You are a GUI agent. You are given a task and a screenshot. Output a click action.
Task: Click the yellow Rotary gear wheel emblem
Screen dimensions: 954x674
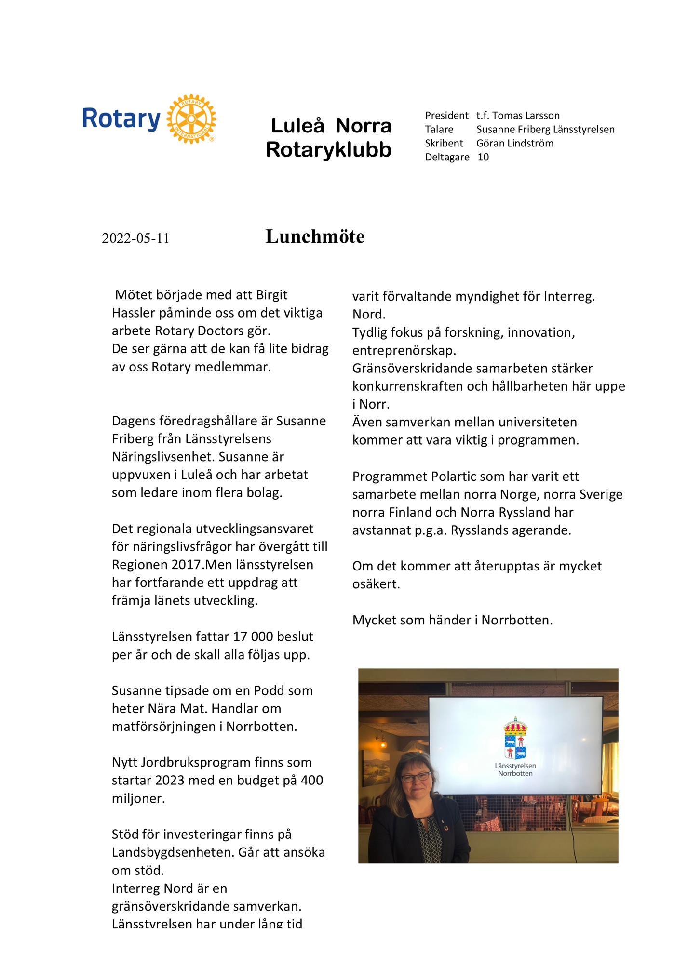pos(191,119)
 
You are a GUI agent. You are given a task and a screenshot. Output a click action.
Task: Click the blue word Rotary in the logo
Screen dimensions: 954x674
pos(121,119)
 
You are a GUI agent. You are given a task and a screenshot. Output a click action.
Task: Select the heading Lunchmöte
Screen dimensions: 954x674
pos(315,237)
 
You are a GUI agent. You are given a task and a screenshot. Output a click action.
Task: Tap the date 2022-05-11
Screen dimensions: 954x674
pos(135,238)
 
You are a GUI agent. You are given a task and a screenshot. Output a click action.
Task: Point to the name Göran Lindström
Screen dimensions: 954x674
pos(514,143)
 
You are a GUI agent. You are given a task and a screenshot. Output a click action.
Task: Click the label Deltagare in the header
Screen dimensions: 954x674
pos(447,157)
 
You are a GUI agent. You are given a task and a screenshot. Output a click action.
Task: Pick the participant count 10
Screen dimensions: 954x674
pos(483,157)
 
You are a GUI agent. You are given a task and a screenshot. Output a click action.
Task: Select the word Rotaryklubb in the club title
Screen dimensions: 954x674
pos(329,150)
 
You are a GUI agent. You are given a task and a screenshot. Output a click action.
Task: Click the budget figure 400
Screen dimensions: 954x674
pos(312,780)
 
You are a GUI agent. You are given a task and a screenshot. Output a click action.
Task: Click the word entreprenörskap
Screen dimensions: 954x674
pos(404,350)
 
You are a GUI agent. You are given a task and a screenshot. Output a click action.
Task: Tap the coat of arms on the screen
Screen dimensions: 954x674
pos(515,738)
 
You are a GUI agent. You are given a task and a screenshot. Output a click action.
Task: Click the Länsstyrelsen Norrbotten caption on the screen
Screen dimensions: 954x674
pos(515,769)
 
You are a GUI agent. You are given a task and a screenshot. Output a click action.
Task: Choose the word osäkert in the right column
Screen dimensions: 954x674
pos(376,584)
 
